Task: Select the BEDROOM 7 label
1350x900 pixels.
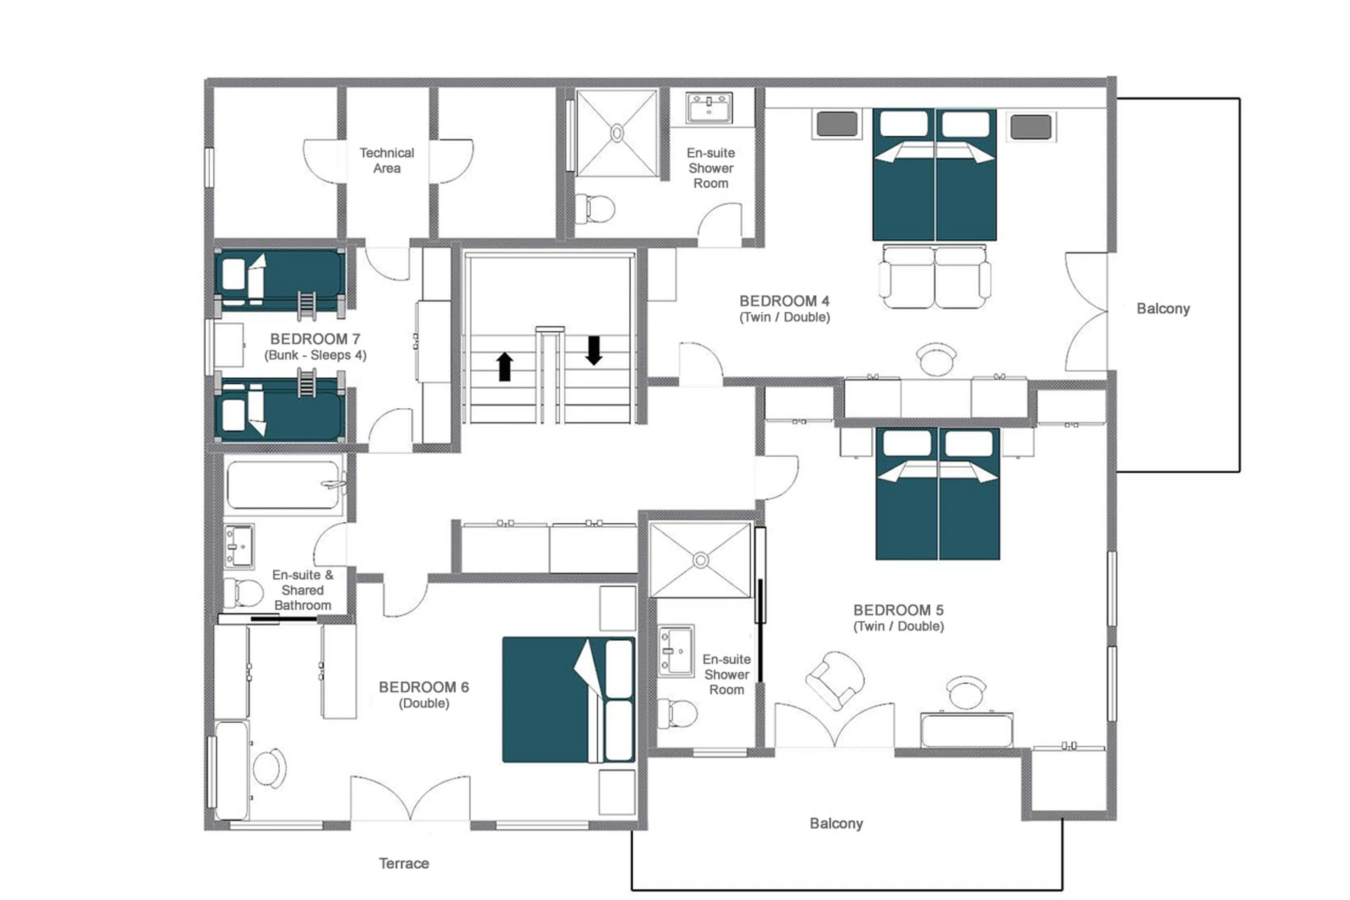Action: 315,339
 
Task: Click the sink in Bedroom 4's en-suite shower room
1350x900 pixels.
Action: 709,107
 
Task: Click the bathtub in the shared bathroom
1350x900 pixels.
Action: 283,485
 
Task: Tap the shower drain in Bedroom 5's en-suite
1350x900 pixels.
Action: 700,560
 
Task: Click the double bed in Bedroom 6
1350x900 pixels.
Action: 568,699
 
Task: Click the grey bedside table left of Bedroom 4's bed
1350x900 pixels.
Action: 836,125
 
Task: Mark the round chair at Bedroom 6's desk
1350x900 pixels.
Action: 269,768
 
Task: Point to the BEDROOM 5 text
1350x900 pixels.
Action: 898,610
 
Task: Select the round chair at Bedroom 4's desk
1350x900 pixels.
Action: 936,359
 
